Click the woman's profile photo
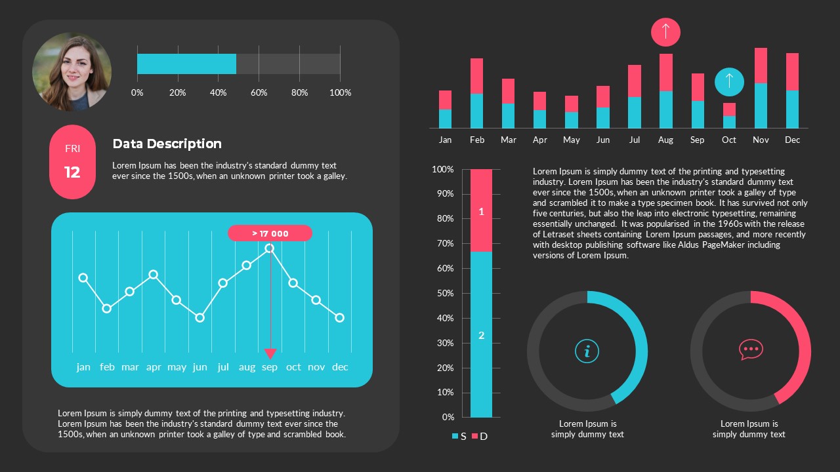point(72,72)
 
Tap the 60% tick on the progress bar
point(259,92)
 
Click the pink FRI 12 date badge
point(72,162)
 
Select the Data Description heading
point(167,144)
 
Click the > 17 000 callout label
point(270,233)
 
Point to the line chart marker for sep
point(270,248)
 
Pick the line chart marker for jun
point(200,317)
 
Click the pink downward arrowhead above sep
point(270,353)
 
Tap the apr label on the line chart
point(154,367)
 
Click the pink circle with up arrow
point(665,31)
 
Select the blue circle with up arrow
point(728,82)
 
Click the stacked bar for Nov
point(761,88)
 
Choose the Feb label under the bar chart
point(477,140)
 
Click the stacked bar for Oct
point(729,115)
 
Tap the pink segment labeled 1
point(481,210)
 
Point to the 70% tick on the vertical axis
point(444,244)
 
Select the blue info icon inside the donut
point(587,351)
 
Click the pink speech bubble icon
point(750,349)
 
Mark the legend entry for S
point(459,436)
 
